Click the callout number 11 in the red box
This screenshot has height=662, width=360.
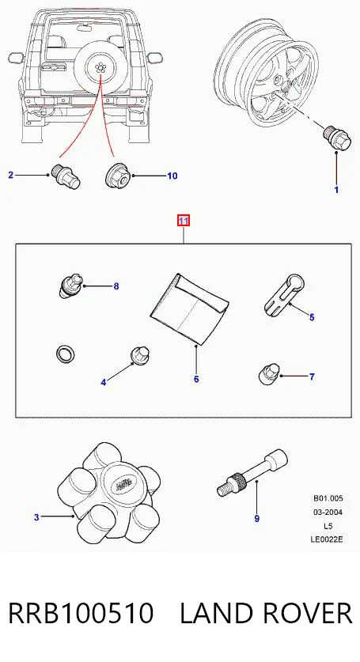pyautogui.click(x=184, y=221)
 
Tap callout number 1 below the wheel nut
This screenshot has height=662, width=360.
pyautogui.click(x=336, y=190)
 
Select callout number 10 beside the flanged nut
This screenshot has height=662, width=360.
pyautogui.click(x=172, y=176)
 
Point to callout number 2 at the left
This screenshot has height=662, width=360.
pyautogui.click(x=11, y=175)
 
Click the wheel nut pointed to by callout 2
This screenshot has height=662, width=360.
pyautogui.click(x=66, y=176)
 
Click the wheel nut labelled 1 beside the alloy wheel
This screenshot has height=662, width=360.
pyautogui.click(x=338, y=138)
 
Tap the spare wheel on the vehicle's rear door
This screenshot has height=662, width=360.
pyautogui.click(x=100, y=67)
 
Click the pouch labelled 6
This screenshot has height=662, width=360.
pyautogui.click(x=188, y=309)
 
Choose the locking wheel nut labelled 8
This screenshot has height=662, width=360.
pyautogui.click(x=69, y=286)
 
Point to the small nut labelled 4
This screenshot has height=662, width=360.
pyautogui.click(x=138, y=355)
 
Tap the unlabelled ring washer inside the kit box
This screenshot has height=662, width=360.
pyautogui.click(x=66, y=354)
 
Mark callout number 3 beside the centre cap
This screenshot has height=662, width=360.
pyautogui.click(x=36, y=516)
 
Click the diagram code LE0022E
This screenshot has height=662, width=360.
pyautogui.click(x=327, y=539)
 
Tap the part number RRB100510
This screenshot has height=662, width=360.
pyautogui.click(x=81, y=614)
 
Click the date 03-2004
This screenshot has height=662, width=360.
pyautogui.click(x=328, y=513)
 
